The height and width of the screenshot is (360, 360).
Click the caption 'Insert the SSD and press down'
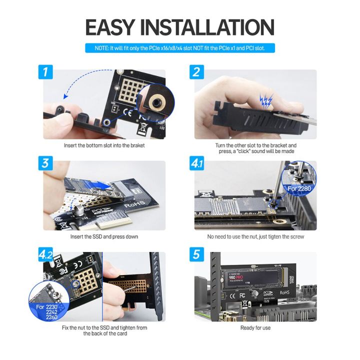click(x=104, y=236)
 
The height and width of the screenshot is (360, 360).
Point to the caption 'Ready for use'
click(x=255, y=327)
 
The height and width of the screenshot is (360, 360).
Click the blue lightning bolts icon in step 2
click(x=265, y=102)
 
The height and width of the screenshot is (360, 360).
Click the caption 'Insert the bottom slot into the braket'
click(x=104, y=145)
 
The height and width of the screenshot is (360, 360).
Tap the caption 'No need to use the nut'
click(x=255, y=236)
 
